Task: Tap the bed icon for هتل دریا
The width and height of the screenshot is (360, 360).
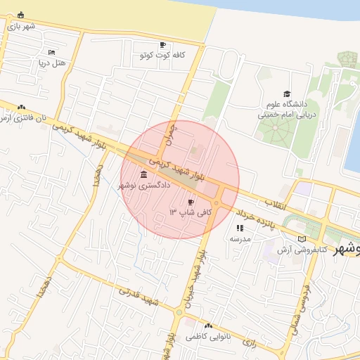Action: (51, 52)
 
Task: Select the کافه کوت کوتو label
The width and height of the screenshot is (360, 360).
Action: (162, 54)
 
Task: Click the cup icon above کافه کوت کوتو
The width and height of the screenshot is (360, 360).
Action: (163, 44)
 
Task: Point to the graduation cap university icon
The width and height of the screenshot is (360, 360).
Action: (286, 94)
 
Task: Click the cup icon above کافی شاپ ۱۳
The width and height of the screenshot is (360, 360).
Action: (191, 202)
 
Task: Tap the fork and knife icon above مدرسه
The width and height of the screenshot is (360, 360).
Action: (240, 228)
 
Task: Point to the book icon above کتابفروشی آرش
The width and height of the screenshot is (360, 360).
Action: (302, 239)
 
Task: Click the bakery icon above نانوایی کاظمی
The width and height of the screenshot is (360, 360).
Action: (208, 326)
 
